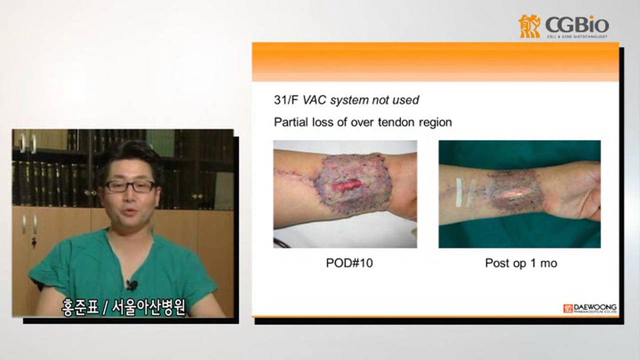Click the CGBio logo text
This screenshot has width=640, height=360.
[576, 25]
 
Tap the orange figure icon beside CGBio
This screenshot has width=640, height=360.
[529, 26]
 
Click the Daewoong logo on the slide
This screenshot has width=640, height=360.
[590, 308]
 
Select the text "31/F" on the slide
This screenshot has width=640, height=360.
[285, 100]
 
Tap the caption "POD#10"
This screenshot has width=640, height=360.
[349, 263]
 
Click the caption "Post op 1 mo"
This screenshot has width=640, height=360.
[520, 263]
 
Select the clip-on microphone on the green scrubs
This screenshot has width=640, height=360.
[131, 285]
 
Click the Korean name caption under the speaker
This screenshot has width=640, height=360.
[123, 307]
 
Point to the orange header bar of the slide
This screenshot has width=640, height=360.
[435, 62]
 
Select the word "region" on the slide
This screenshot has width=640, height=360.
[434, 122]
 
